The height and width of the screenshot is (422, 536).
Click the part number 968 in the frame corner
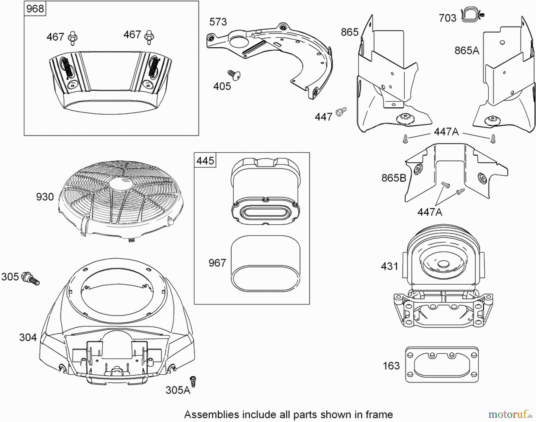(35, 9)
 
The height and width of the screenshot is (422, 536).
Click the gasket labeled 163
(442, 365)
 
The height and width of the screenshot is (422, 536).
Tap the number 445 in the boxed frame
(205, 161)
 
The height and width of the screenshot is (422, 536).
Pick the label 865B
(394, 178)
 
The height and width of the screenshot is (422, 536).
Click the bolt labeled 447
(341, 111)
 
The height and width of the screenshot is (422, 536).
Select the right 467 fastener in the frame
(149, 37)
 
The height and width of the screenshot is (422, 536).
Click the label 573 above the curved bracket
(218, 22)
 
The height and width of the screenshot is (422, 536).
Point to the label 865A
(467, 51)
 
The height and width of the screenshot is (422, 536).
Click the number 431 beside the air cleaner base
(389, 266)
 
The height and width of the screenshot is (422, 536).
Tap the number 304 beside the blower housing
(28, 337)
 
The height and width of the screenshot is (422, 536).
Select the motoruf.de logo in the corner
(510, 414)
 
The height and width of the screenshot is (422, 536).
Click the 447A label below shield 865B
(430, 212)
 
